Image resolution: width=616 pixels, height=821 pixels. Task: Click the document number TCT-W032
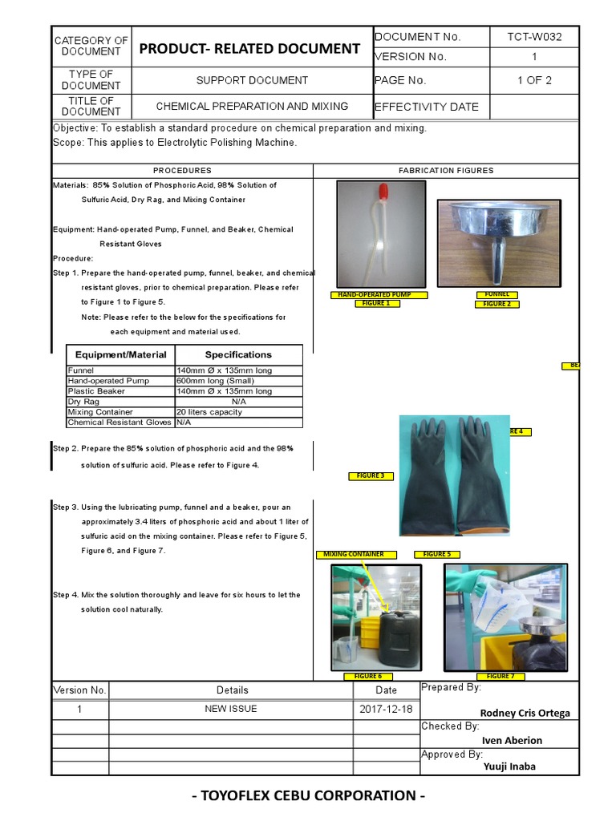pyautogui.click(x=534, y=37)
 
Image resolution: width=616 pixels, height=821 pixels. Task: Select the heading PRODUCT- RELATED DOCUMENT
pyautogui.click(x=249, y=49)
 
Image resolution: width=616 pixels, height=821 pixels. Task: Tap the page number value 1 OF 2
pyautogui.click(x=534, y=80)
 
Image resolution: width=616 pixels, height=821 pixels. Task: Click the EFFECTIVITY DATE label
pyautogui.click(x=426, y=107)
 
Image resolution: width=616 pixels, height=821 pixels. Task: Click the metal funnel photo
pyautogui.click(x=498, y=243)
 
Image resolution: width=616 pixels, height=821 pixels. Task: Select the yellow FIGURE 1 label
pyautogui.click(x=376, y=304)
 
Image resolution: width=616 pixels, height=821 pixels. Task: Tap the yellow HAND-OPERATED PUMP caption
pyautogui.click(x=379, y=295)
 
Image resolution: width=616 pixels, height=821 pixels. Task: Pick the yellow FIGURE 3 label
pyautogui.click(x=371, y=476)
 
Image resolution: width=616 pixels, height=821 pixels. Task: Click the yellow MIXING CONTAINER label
pyautogui.click(x=353, y=554)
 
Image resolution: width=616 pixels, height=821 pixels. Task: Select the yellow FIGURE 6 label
pyautogui.click(x=368, y=677)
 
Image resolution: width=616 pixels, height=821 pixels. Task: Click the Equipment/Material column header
pyautogui.click(x=120, y=355)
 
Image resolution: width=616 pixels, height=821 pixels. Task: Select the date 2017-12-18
pyautogui.click(x=386, y=710)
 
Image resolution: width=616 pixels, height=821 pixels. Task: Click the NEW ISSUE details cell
pyautogui.click(x=231, y=710)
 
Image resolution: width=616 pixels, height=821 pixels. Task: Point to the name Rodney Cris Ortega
pyautogui.click(x=525, y=714)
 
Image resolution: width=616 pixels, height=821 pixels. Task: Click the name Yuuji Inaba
pyautogui.click(x=509, y=766)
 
